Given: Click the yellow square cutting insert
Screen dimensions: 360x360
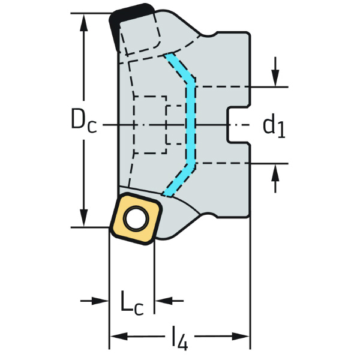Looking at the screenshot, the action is point(136,218).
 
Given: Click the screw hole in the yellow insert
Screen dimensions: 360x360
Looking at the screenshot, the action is point(136,218).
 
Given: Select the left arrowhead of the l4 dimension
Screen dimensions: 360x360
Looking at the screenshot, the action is point(119,337).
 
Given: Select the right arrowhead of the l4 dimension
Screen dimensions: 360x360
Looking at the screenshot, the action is point(241,337).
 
